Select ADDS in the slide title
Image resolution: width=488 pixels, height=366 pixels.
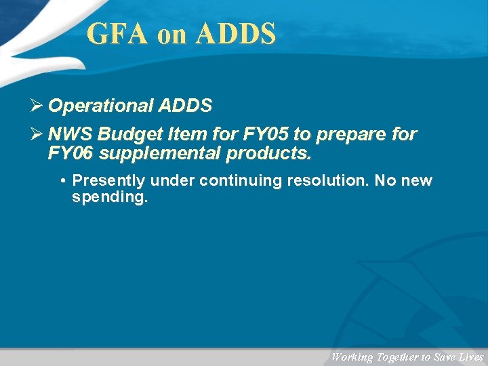coord(235,34)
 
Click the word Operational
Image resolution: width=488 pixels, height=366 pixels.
coord(101,106)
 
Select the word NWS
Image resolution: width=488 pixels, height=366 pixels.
coord(70,134)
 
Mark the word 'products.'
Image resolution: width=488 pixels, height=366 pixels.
coord(270,154)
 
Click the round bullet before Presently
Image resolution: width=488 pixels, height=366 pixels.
coord(62,181)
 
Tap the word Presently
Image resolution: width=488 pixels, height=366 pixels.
coord(108,181)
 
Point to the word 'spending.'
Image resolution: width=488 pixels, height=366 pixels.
coord(109,199)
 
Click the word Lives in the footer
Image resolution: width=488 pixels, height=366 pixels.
coord(470,357)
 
